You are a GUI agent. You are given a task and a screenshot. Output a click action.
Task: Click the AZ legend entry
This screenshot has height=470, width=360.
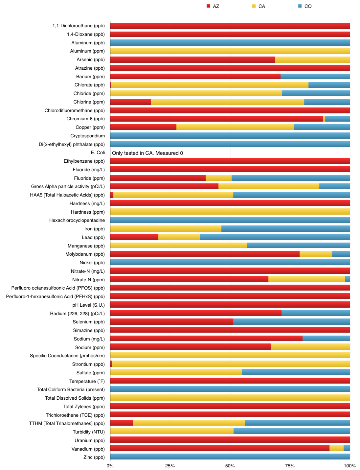(x=213, y=6)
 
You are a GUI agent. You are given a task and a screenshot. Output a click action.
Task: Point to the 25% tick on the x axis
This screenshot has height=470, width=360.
(x=170, y=466)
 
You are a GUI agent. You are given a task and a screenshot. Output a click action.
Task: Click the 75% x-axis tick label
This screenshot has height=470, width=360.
(x=290, y=466)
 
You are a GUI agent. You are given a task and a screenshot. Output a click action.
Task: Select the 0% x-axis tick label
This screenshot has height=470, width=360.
(x=110, y=466)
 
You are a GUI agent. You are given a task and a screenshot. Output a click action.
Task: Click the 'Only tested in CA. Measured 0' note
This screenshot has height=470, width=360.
(x=147, y=153)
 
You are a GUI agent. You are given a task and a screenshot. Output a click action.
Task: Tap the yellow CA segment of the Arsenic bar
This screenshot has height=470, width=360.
(x=312, y=59)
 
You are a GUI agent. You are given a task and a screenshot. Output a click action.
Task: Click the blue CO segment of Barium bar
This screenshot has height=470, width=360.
(x=315, y=77)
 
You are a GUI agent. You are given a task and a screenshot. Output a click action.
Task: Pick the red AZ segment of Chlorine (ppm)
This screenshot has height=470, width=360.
(x=130, y=102)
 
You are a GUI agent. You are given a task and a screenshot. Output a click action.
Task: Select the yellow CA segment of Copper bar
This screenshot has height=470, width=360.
(x=235, y=127)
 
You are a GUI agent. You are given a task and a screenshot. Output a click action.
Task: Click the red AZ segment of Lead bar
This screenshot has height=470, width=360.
(x=134, y=237)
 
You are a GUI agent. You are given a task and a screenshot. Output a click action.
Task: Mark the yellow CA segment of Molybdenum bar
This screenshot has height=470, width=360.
(x=316, y=254)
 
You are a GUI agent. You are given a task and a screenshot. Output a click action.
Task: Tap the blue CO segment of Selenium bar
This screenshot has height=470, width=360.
(x=291, y=322)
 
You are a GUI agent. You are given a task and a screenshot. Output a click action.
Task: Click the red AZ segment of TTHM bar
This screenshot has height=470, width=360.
(x=122, y=423)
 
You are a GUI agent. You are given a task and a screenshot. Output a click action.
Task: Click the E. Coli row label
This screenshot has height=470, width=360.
(x=98, y=153)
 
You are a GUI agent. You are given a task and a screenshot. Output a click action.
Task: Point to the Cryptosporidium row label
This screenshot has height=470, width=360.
(x=88, y=136)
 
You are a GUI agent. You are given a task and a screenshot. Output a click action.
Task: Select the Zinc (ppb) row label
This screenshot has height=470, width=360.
(x=94, y=457)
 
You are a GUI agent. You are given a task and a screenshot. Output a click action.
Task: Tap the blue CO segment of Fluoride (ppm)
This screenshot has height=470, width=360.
(x=291, y=178)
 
